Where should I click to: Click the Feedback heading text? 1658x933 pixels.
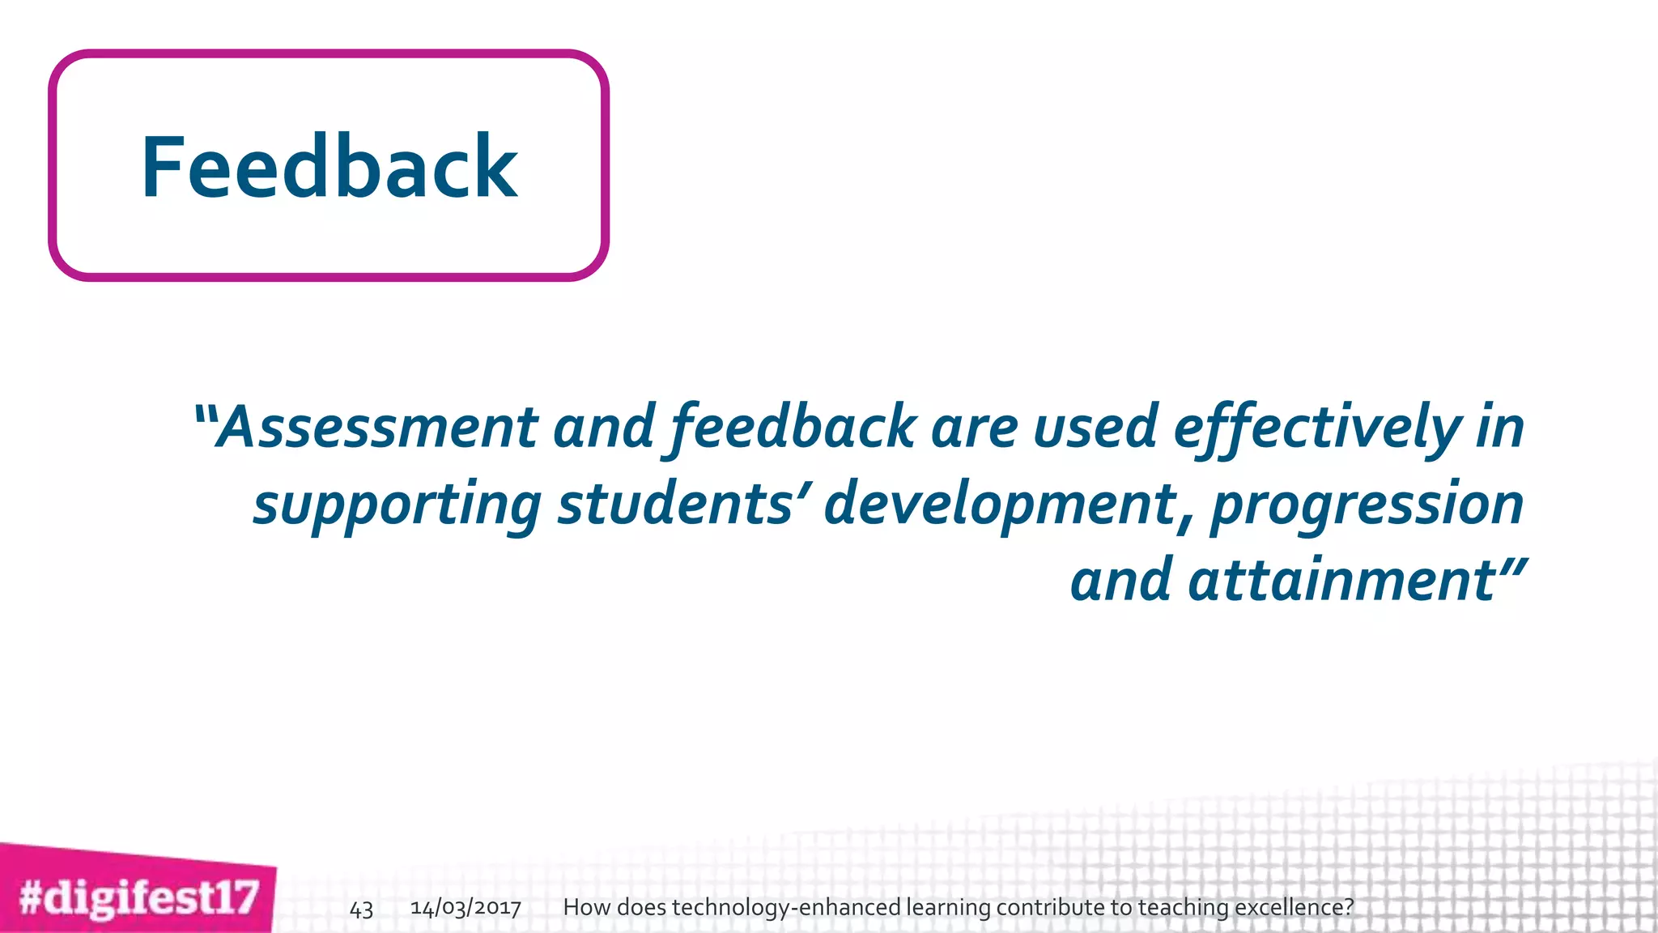pos(329,168)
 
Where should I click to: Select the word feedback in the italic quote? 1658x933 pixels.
pos(793,427)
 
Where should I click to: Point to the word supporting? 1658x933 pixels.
pos(397,504)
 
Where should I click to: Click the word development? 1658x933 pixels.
pos(1001,504)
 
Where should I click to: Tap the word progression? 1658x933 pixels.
pos(1367,504)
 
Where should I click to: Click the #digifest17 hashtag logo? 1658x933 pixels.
pos(138,897)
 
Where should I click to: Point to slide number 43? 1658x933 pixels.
pos(361,909)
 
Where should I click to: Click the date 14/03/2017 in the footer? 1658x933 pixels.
pos(466,907)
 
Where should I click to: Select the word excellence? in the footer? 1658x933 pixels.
pos(1293,907)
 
